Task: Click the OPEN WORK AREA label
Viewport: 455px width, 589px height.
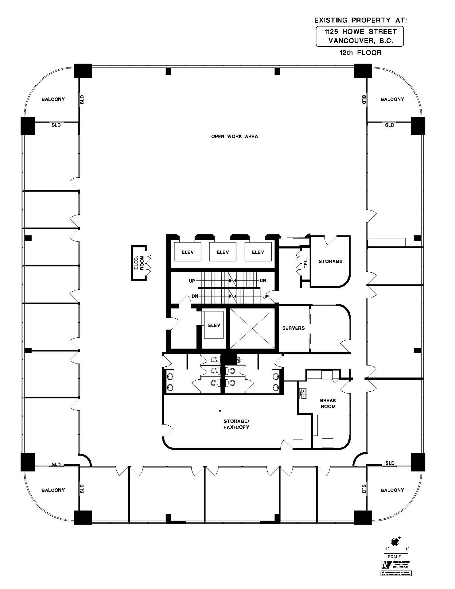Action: coord(234,136)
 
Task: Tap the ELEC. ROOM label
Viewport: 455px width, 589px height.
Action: coord(139,263)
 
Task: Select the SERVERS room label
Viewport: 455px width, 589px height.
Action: coord(293,328)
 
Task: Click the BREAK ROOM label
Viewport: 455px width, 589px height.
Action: coord(328,403)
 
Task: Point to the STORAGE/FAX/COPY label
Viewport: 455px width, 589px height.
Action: coord(236,424)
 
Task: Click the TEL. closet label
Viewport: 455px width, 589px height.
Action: coord(306,263)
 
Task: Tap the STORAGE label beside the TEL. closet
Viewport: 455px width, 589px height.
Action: coord(330,261)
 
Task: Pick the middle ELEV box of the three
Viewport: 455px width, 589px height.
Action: coord(223,252)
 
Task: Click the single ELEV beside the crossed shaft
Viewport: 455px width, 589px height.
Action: coord(214,325)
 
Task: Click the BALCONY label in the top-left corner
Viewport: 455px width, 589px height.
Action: coord(53,99)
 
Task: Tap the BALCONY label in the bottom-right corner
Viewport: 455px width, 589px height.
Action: coord(392,490)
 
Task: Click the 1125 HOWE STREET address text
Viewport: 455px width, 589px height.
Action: coord(360,32)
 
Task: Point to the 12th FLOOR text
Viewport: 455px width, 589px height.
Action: coord(360,53)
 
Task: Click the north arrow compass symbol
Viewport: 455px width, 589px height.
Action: coord(395,541)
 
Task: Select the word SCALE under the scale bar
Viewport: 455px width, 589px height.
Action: coord(394,557)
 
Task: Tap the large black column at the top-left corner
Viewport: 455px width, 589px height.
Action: coord(83,71)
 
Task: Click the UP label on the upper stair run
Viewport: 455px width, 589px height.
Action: coord(192,281)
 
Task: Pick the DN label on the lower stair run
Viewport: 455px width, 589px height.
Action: coord(195,296)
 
